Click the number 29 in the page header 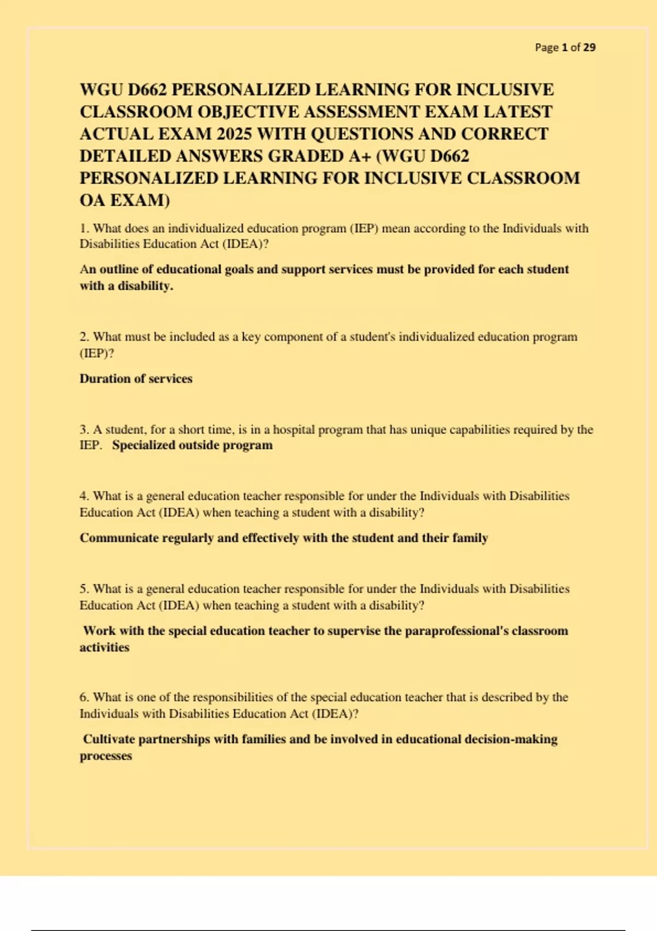(x=589, y=48)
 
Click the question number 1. (x=83, y=228)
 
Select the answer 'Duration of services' (x=136, y=378)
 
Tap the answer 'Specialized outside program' (x=192, y=445)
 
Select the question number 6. (x=84, y=697)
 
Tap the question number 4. (x=84, y=496)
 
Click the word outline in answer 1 (x=119, y=269)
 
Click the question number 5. (x=84, y=589)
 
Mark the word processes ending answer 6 (x=106, y=756)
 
